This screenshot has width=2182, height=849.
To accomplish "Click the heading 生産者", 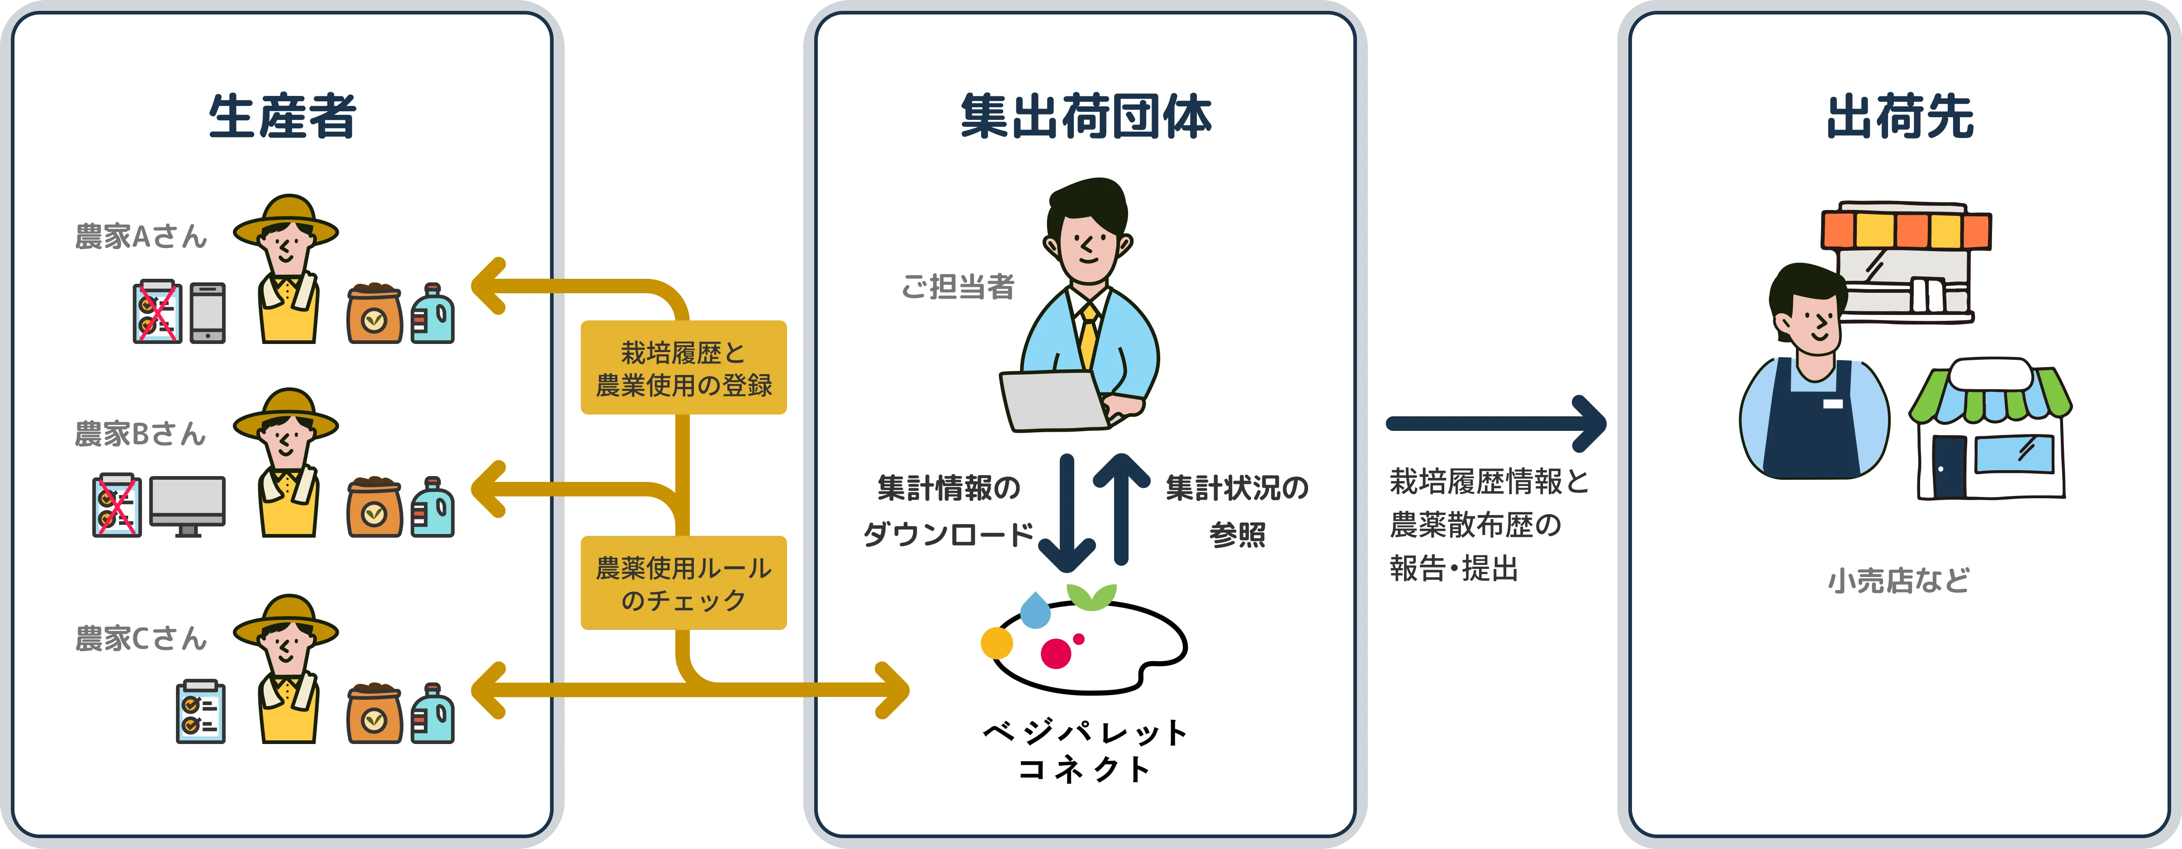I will tap(282, 117).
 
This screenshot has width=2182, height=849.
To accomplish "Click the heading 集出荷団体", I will tap(1086, 117).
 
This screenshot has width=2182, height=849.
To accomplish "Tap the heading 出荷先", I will tap(1900, 117).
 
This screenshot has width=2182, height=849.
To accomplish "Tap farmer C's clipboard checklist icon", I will tap(201, 712).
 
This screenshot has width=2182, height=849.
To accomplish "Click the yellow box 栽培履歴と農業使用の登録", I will tap(683, 368).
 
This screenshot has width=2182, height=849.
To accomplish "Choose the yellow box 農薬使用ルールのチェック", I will tap(683, 583).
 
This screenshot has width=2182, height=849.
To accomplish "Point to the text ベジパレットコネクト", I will tap(1085, 750).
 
